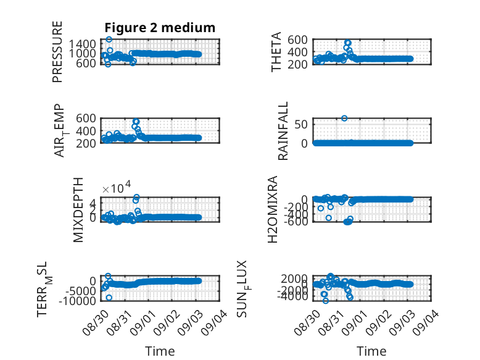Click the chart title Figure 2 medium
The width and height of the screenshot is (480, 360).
(160, 28)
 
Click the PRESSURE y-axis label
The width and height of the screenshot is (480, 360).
(57, 52)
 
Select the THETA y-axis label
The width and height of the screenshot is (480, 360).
(276, 52)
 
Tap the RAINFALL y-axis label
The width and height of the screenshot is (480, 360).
(283, 131)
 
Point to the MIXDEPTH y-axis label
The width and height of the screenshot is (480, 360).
(78, 210)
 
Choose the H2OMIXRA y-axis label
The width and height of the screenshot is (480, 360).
(273, 209)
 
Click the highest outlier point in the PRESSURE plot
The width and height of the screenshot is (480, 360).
(109, 40)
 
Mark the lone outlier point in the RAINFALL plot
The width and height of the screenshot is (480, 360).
(344, 119)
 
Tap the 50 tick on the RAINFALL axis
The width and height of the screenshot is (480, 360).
(301, 124)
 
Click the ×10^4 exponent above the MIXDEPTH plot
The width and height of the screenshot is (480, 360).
(117, 187)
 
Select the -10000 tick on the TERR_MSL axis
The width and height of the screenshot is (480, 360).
(77, 301)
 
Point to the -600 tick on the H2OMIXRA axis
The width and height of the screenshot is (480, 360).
(296, 222)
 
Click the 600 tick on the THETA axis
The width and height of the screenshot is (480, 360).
(297, 40)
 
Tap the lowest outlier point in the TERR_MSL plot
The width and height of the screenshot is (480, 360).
(109, 298)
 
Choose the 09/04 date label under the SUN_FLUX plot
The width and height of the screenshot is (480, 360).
(426, 322)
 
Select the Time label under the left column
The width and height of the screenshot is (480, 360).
(160, 351)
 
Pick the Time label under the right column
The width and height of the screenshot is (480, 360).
(371, 351)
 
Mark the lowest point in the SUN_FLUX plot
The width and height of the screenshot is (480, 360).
(325, 301)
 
